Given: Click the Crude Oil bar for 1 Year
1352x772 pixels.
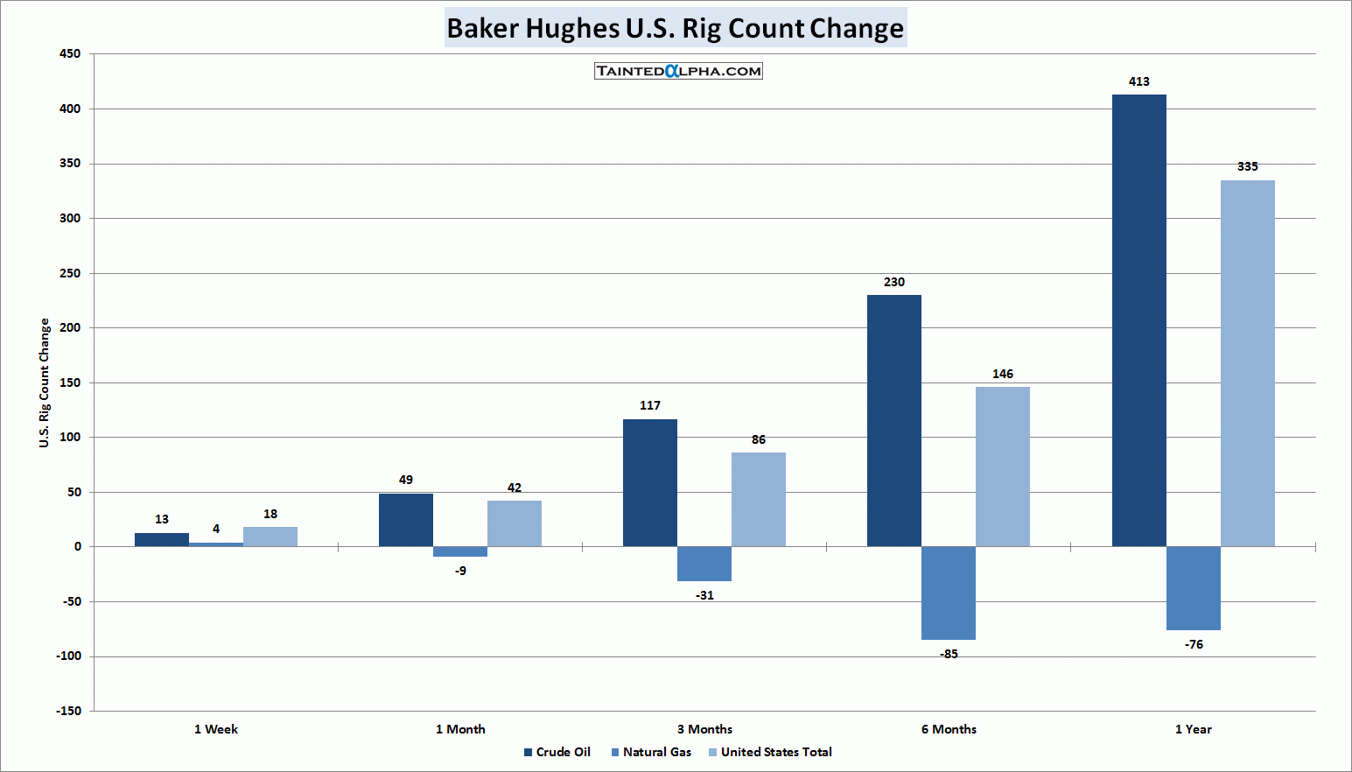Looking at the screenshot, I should coord(1138,320).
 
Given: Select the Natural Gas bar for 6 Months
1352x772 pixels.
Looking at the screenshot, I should coord(949,593).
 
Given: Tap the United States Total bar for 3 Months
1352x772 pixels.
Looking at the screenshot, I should coord(758,499).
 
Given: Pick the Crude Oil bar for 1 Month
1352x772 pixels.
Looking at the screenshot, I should coord(405,520).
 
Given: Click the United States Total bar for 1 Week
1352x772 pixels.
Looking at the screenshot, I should coord(270,537).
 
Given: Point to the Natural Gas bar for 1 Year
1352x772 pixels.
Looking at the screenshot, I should coord(1194,588).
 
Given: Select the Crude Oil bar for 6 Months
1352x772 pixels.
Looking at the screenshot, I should coord(893,420).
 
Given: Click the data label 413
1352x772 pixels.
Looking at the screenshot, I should coord(1138,81).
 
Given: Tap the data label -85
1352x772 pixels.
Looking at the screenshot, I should coord(949,654).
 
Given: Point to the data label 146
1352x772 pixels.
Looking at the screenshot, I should coord(1003,374).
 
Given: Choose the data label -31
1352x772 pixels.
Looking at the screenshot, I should coord(704,595).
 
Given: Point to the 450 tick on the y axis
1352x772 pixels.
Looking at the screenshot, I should coord(70,54).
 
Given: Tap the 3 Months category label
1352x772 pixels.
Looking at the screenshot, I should coord(704,729).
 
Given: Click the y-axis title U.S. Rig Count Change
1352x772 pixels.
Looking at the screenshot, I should coord(44,382).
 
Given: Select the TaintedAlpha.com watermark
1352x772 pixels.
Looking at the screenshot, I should coord(678,71).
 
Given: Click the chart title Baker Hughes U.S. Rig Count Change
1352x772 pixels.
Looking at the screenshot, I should coord(675,28).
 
